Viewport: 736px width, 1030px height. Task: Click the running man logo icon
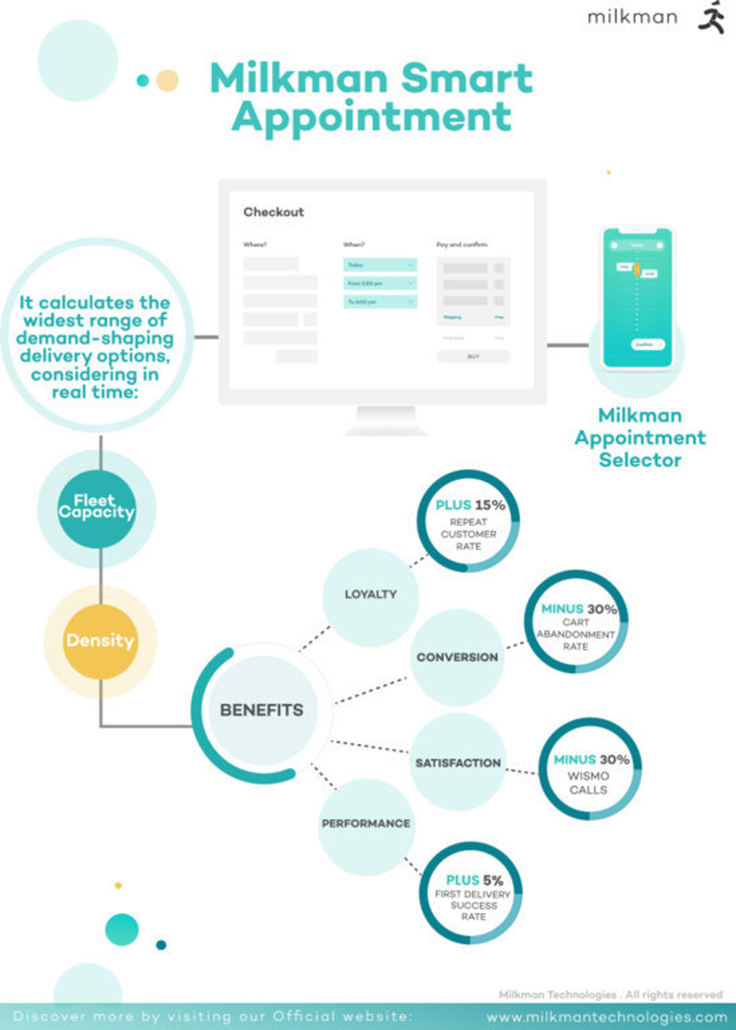(711, 17)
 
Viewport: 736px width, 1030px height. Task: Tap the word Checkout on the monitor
(273, 212)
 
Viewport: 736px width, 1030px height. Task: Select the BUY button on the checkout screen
(473, 357)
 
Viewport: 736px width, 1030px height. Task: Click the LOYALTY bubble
(371, 594)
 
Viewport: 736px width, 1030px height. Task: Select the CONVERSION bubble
(457, 657)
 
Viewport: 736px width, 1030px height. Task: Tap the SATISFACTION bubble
(458, 763)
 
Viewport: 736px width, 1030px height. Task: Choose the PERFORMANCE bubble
(366, 823)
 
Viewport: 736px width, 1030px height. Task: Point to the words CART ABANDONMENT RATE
(575, 634)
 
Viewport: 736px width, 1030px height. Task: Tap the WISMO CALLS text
(588, 783)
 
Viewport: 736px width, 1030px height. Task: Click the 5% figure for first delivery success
(493, 880)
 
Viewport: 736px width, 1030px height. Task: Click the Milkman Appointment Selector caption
(640, 438)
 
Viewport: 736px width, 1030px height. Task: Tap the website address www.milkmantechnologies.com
(607, 1017)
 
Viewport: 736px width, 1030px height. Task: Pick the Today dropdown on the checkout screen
(380, 265)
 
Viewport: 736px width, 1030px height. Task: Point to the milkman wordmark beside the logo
(632, 18)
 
